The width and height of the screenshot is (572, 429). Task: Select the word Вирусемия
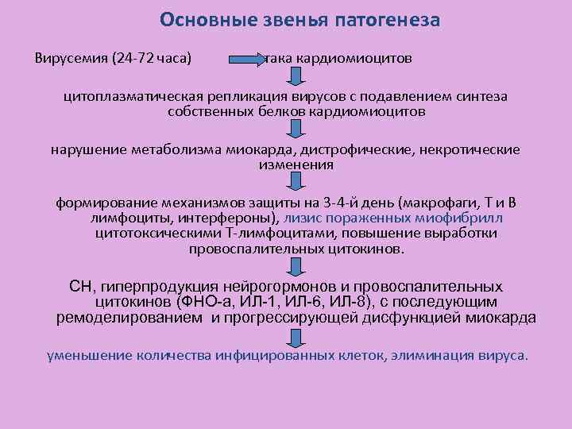(71, 59)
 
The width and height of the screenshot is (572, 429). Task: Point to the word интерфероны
(235, 217)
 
